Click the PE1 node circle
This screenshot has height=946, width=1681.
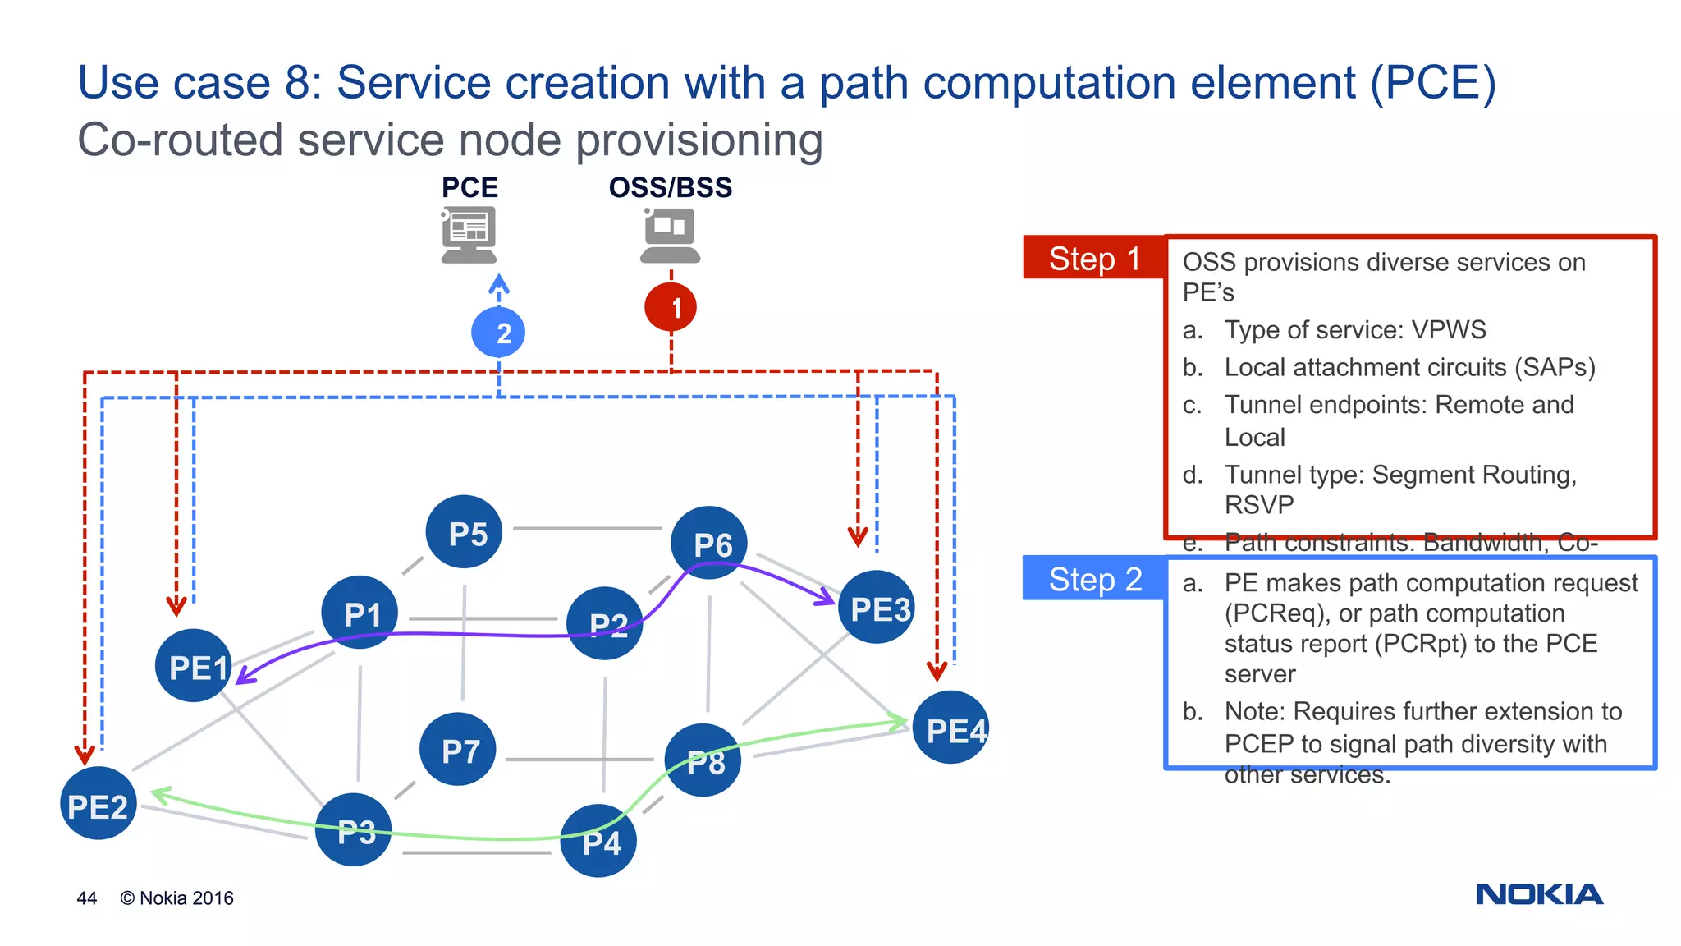194,665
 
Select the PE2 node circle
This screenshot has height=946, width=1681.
98,803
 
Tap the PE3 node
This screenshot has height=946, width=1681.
877,608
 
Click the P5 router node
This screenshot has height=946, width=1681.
465,532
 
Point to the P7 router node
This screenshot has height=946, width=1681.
458,749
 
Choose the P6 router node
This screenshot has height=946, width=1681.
709,543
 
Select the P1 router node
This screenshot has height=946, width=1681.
360,613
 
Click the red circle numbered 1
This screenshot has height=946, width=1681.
671,308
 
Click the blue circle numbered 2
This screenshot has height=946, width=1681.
498,333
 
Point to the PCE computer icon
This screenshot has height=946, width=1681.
469,235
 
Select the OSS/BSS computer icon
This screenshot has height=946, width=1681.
670,235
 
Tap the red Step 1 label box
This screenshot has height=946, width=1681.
1093,258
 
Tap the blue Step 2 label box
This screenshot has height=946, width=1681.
1093,579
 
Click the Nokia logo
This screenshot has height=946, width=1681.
1539,894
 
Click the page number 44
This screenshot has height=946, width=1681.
87,898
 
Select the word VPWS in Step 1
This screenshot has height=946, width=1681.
1448,329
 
